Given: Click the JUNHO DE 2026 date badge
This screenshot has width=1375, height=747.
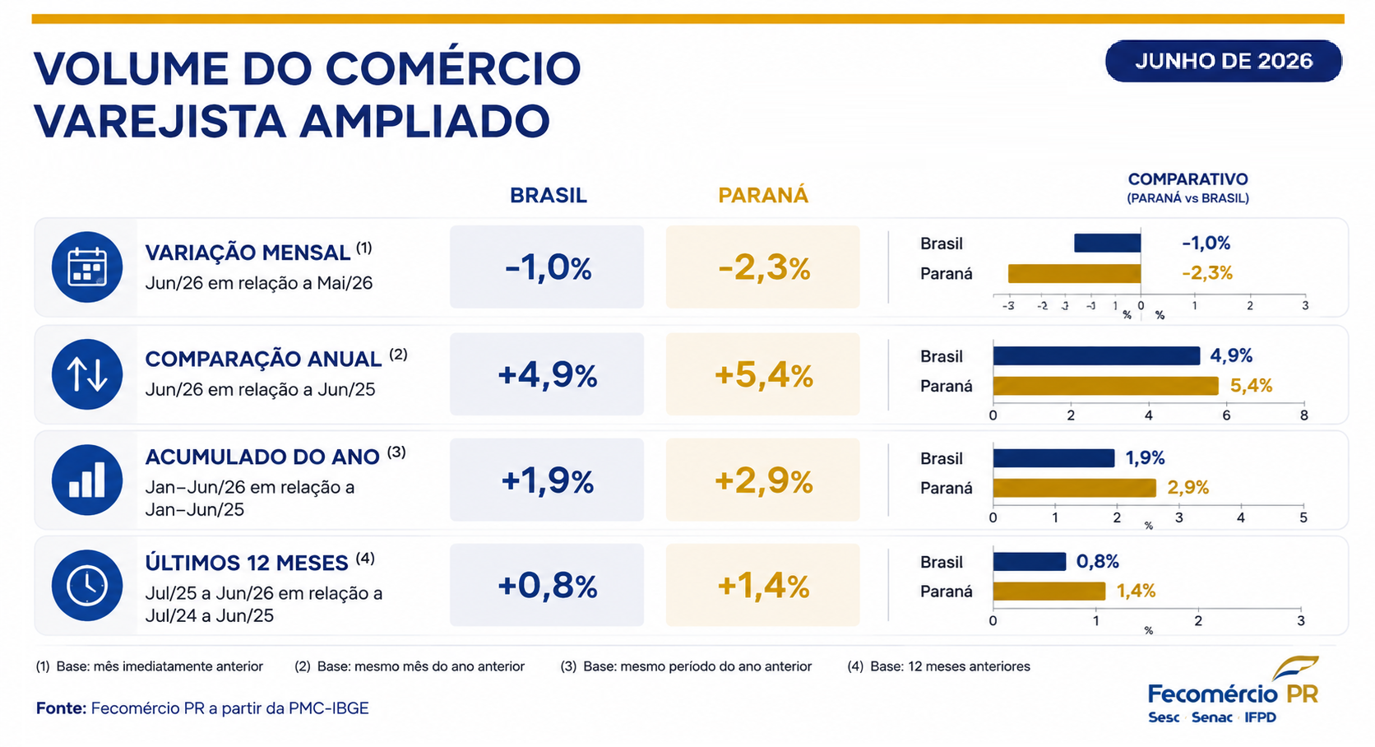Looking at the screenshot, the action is (x=1224, y=61).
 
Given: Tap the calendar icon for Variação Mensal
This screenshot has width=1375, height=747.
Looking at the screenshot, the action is (x=87, y=267).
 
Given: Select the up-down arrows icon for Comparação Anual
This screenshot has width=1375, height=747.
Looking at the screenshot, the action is (x=87, y=374).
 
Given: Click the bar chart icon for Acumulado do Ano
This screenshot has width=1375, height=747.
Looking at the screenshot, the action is (x=87, y=480).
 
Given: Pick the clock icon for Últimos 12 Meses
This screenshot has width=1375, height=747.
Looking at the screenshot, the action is (x=87, y=586).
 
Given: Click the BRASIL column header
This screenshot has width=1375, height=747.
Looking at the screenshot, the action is (x=549, y=195).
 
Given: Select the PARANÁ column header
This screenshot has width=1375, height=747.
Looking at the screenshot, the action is (x=763, y=195).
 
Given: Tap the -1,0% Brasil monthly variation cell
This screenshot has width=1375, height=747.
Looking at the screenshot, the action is (x=547, y=267).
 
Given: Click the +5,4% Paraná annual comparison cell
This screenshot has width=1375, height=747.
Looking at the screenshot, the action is (x=763, y=374).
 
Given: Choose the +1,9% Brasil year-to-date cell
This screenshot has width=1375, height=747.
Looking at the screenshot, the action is (x=547, y=480).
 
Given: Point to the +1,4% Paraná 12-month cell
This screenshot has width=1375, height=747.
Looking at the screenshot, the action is (x=763, y=586).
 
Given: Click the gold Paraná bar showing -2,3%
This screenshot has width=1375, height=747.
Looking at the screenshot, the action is (x=1074, y=273).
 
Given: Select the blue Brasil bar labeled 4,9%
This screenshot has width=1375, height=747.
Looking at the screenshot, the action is (x=1096, y=355).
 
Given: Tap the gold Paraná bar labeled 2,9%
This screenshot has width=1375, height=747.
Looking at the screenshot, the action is (x=1074, y=488).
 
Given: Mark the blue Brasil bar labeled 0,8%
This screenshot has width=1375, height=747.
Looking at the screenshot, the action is (x=1030, y=561).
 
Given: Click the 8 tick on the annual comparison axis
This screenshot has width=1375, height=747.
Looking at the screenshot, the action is (x=1303, y=415).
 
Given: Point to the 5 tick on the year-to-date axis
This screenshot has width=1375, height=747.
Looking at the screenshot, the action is (x=1303, y=517).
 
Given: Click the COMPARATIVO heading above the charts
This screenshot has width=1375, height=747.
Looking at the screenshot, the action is (x=1187, y=179).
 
